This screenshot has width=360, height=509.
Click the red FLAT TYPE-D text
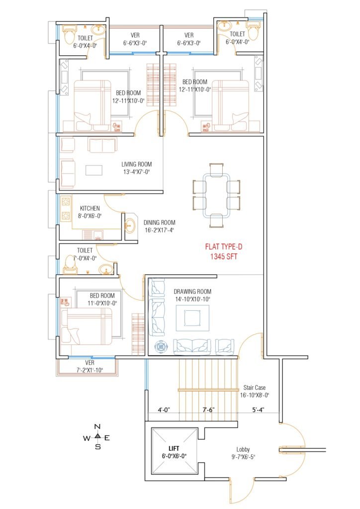(x=224, y=247)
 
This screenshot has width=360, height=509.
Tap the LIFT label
(x=174, y=449)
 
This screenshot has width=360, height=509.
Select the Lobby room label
(x=243, y=449)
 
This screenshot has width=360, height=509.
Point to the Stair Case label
(x=255, y=388)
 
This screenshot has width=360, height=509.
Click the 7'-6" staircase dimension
(x=208, y=410)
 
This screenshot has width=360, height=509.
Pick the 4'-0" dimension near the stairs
(x=164, y=410)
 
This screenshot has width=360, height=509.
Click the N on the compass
(x=97, y=426)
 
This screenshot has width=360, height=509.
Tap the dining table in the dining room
(x=216, y=195)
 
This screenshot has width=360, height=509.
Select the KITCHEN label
(x=90, y=208)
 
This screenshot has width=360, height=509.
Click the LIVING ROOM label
(x=137, y=164)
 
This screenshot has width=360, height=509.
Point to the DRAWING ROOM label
(x=192, y=291)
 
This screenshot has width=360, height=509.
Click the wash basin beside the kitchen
(x=130, y=224)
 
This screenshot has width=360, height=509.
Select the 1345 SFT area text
(x=224, y=256)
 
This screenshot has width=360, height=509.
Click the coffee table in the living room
(x=94, y=170)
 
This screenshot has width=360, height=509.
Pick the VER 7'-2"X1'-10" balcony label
(x=90, y=366)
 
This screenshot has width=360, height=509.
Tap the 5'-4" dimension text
(x=258, y=410)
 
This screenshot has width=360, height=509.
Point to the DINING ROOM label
(x=160, y=223)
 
